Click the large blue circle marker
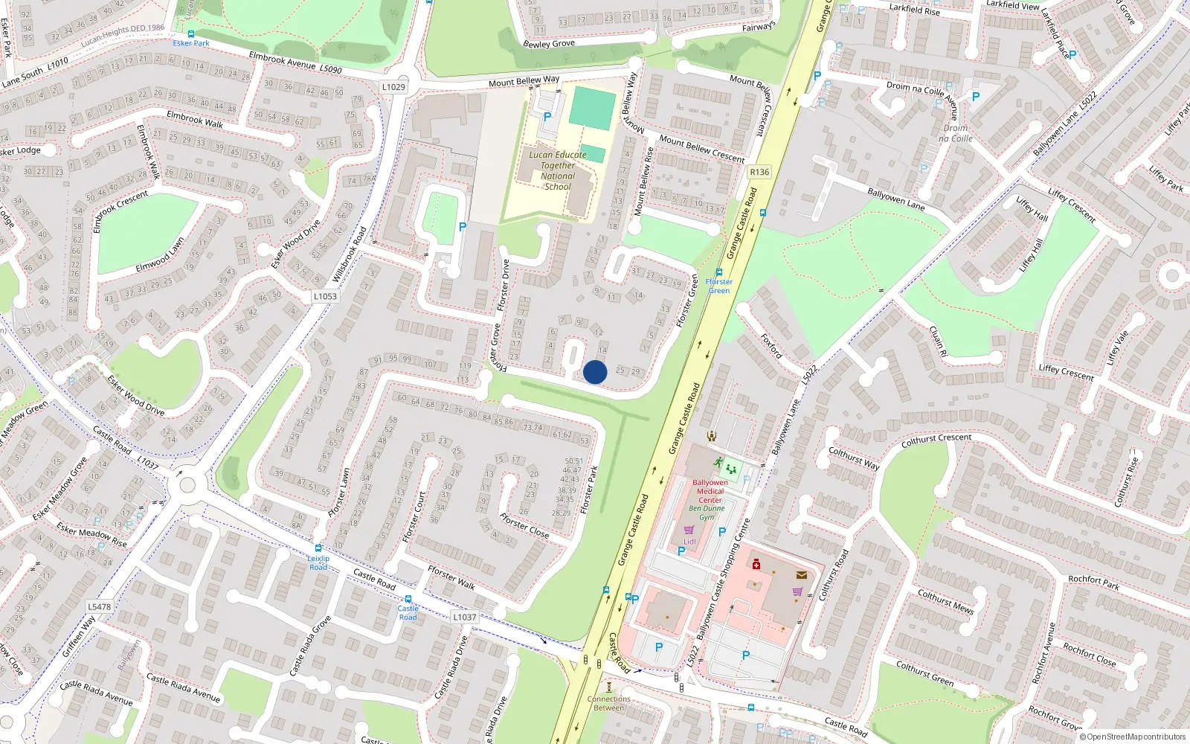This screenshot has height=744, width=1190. coord(595,372)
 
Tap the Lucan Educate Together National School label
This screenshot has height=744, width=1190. coord(558,171)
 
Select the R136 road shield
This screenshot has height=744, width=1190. coord(759,172)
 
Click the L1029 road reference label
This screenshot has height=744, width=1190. coord(393,87)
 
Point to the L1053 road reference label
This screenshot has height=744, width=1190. coord(325,296)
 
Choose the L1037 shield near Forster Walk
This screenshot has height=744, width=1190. coord(465,617)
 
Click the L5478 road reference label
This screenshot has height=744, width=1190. coord(99,606)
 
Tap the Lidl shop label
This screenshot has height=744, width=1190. coord(689,541)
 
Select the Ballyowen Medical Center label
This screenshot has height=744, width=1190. coord(710,491)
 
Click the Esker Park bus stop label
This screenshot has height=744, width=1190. coord(191,43)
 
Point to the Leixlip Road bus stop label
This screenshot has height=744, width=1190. coord(318,562)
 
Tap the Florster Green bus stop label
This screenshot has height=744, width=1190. coord(718,286)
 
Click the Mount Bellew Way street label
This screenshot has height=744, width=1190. coord(524,81)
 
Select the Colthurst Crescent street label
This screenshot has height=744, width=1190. coord(936,440)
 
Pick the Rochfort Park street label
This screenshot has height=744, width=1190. coord(1093,583)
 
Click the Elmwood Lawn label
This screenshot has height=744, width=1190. coord(160,255)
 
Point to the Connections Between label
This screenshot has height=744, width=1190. coord(608,703)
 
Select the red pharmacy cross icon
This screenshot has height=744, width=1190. coord(756,565)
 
